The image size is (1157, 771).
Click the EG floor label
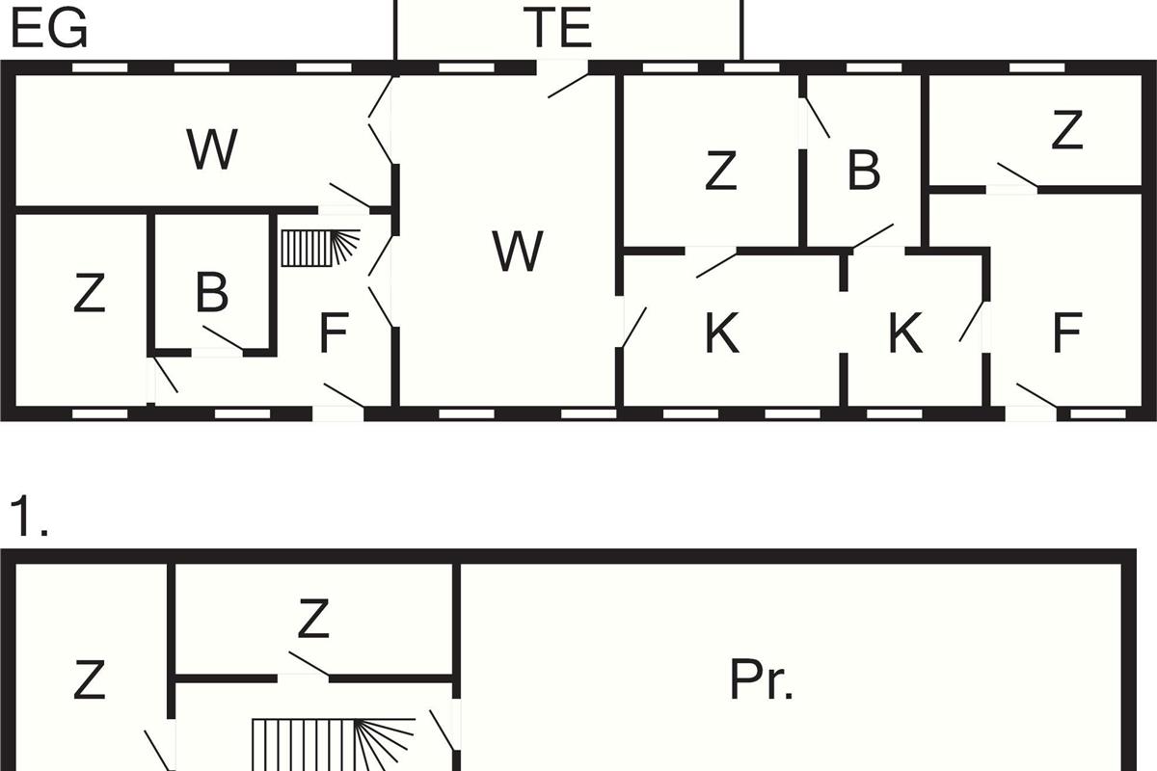49,28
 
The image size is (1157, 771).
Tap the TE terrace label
558,27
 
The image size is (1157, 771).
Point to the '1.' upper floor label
29,517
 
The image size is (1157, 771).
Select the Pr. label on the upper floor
761,679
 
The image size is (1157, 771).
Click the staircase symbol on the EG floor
320,248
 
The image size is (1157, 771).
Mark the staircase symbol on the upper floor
334,744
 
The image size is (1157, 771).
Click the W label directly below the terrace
518,251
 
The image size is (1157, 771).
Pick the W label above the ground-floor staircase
212,149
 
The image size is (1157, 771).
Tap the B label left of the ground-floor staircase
212,293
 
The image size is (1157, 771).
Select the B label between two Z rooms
864,170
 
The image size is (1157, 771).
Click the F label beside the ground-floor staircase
334,333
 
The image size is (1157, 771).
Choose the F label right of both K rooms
1067,333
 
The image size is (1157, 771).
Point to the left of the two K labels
722,333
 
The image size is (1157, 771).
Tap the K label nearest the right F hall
905,333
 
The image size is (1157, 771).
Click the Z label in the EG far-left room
90,293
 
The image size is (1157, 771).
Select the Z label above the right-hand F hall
1067,129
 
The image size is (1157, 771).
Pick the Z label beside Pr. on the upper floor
313,618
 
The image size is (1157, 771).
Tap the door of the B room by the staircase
223,338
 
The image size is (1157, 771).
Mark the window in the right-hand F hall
1097,413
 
